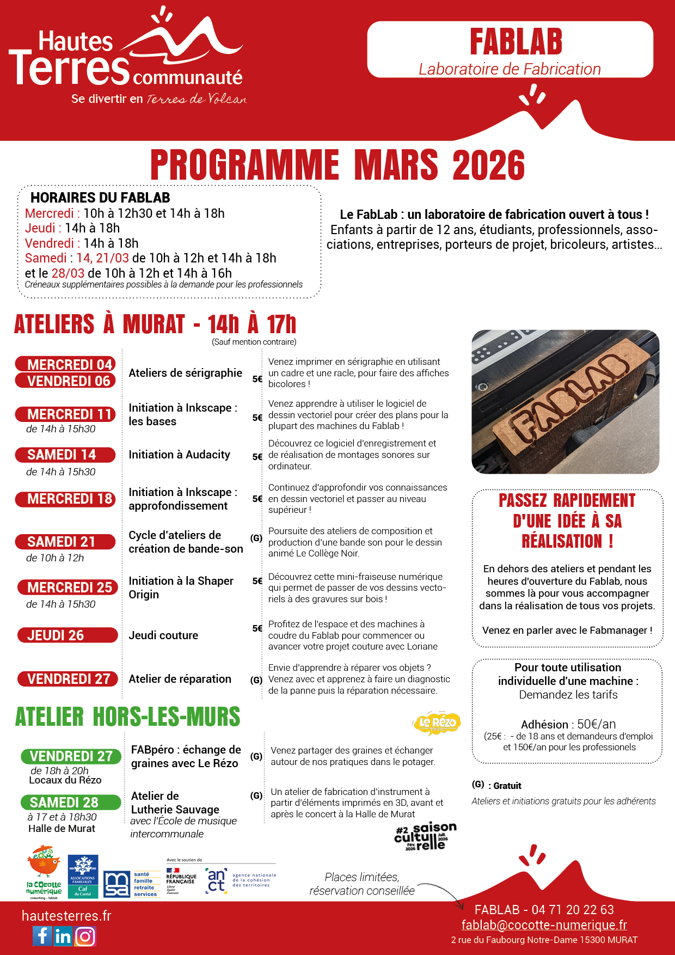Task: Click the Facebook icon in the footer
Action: pos(42,936)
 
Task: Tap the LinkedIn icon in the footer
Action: pos(63,936)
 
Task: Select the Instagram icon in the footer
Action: pos(85,936)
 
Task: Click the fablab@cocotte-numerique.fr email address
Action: pos(544,925)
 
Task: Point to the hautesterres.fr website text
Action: pos(66,916)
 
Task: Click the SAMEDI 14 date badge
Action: pos(65,455)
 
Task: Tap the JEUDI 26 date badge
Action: pos(66,635)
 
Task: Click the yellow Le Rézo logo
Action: pos(437,723)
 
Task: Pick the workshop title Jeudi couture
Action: pos(163,635)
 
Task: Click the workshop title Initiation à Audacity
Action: pos(179,455)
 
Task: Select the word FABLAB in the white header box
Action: pos(516,42)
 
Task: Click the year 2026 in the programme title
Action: pos(488,165)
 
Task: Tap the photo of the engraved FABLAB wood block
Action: pos(565,402)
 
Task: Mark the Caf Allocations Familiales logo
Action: pos(83,876)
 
